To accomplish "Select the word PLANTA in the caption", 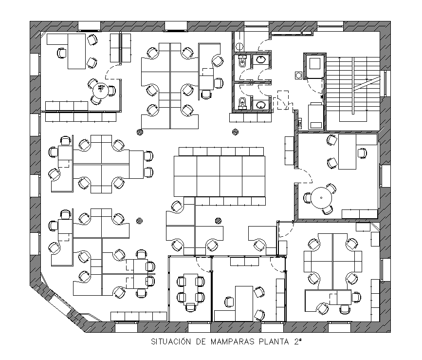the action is pos(275,342).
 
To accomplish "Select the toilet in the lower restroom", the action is pos(242,103).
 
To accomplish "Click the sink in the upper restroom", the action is pos(261,60).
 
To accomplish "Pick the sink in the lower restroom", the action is pos(261,104).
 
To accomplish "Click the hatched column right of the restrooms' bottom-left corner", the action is pos(236,131).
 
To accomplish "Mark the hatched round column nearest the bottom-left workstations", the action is pos(140,220).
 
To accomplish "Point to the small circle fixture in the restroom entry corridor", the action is pos(239,46).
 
